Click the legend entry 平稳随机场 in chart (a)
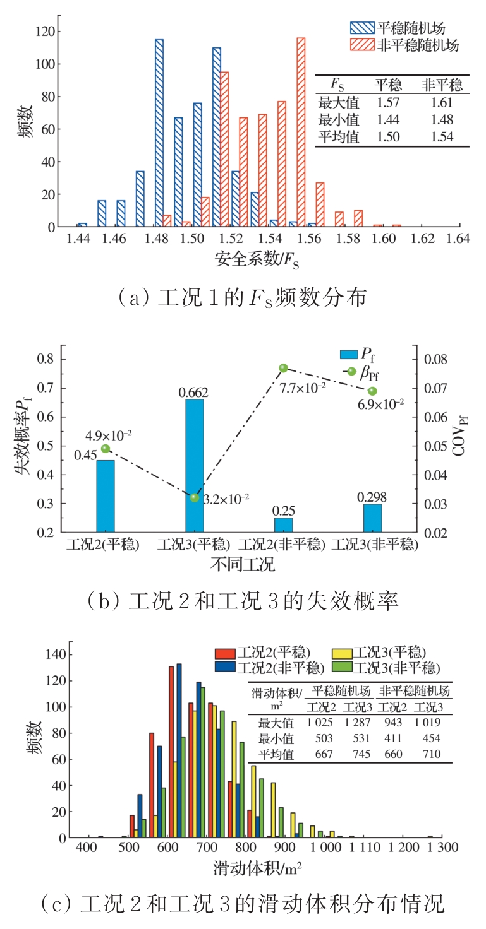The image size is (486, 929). click(x=405, y=28)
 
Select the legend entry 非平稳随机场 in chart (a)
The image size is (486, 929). click(x=405, y=45)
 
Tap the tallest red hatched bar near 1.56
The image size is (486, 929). click(x=301, y=133)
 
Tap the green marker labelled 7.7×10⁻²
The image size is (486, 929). click(x=284, y=368)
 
